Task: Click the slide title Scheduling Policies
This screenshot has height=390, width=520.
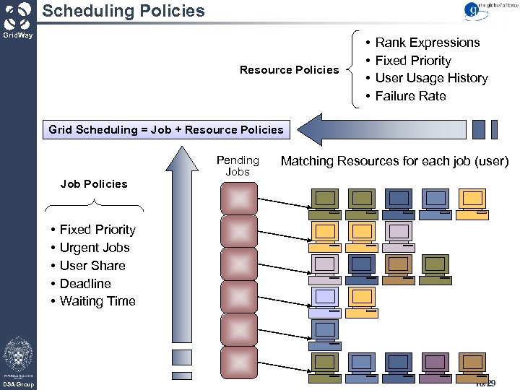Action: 123,11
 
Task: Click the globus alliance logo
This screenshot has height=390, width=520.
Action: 484,10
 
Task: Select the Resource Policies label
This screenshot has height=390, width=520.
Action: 289,70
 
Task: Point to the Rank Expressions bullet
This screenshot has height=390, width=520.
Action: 427,43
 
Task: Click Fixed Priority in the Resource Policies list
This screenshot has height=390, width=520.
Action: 412,61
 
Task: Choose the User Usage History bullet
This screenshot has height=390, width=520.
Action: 431,78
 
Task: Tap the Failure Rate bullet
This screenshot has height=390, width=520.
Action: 410,96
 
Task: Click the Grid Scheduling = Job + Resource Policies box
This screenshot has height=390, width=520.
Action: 166,130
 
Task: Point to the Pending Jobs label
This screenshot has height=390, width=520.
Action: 238,165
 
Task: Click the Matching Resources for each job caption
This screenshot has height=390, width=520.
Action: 394,161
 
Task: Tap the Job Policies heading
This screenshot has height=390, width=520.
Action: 94,184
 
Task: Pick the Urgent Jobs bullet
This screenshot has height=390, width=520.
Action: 95,248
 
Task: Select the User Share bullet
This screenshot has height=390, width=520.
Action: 92,266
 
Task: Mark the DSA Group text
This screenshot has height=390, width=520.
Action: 17,385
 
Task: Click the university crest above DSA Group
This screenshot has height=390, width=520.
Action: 17,355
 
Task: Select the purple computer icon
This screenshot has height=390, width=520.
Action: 435,364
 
